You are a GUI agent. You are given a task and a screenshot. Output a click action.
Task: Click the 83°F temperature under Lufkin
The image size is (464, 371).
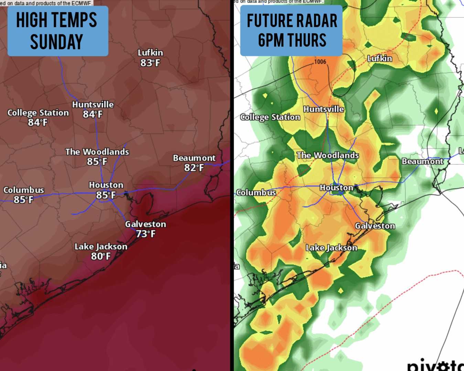tap(150, 63)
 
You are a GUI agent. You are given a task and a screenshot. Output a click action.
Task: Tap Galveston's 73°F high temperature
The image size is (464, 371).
tap(145, 234)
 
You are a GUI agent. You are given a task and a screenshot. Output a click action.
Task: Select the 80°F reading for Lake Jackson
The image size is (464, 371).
tap(101, 256)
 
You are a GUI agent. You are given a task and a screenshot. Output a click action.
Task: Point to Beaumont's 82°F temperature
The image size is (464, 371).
tap(194, 168)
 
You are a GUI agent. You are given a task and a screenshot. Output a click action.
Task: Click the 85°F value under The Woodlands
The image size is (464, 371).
tap(97, 161)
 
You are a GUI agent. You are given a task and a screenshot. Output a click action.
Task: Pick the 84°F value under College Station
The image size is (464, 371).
tap(38, 122)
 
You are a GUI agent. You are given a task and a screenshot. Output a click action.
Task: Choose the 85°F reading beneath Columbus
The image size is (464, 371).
tap(23, 200)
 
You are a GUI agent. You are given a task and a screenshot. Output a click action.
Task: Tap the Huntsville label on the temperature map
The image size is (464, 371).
tap(93, 104)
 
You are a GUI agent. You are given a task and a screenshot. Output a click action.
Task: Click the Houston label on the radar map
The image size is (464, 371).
tap(336, 188)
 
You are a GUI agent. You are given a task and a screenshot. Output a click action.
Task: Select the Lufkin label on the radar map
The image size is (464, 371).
tap(380, 58)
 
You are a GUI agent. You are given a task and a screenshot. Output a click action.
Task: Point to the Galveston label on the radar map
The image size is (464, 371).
tap(375, 226)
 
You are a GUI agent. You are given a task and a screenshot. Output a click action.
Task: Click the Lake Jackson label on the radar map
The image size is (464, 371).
tap(332, 248)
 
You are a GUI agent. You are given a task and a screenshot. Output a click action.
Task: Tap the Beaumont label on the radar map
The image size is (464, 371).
tap(422, 161)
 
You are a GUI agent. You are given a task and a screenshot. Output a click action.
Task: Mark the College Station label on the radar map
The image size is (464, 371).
tap(270, 117)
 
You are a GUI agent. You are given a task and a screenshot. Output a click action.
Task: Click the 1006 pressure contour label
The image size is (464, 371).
tap(320, 61)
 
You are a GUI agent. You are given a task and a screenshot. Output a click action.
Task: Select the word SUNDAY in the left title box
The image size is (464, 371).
tap(57, 42)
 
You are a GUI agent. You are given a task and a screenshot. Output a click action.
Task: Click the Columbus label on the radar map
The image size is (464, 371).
tap(256, 192)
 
